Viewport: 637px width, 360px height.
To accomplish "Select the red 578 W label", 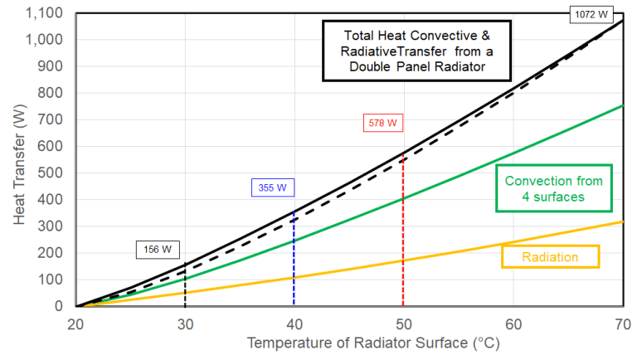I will click(x=382, y=123).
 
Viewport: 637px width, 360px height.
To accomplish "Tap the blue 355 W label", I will click(x=271, y=187).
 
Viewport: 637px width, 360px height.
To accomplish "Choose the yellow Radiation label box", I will click(x=549, y=257).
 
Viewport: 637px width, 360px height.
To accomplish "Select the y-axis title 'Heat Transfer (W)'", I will click(x=20, y=158).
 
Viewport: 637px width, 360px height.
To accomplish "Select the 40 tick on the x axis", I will click(x=294, y=323).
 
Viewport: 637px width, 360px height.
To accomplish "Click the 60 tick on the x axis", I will click(x=513, y=323).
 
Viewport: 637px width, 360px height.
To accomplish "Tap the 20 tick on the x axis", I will click(x=76, y=323).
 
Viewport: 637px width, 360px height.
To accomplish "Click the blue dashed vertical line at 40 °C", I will click(x=294, y=265).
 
